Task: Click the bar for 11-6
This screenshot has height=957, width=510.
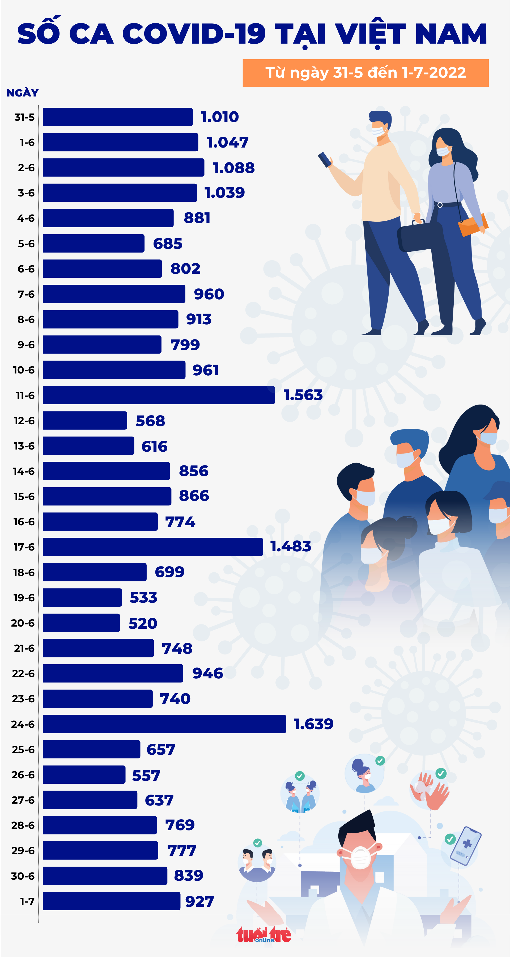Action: coord(159,395)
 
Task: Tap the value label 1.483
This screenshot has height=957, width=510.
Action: coord(290,546)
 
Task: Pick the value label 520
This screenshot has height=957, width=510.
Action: coord(143,623)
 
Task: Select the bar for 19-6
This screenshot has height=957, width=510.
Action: coord(82,597)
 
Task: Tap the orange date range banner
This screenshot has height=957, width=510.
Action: coord(365,73)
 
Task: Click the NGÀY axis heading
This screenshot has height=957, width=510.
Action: coord(22,93)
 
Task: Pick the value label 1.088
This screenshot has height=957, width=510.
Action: coord(233,168)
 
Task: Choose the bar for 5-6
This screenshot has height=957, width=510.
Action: coord(93,243)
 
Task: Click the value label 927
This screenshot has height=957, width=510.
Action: coord(199,902)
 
